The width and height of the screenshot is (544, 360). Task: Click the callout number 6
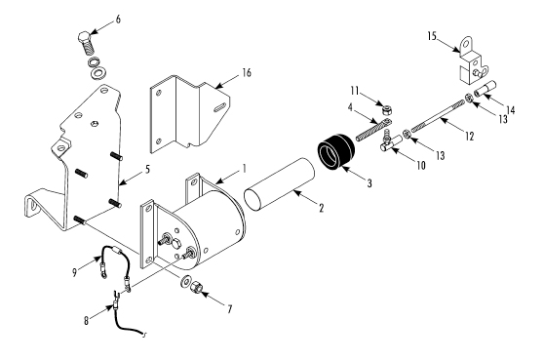[x=118, y=20]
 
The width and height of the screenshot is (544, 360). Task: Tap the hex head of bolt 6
[x=84, y=36]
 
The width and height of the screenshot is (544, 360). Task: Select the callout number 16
[x=247, y=73]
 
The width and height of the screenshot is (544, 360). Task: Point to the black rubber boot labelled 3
[x=336, y=149]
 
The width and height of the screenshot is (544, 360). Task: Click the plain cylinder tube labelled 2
[x=279, y=184]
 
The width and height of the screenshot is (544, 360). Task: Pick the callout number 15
[x=432, y=36]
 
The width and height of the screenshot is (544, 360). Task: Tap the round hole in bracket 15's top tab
[x=466, y=43]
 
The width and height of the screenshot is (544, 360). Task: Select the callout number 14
[x=510, y=110]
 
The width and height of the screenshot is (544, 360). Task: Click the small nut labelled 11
[x=385, y=110]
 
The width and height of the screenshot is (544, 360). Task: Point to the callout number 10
[x=420, y=166]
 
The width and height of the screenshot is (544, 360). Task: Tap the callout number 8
[x=86, y=321]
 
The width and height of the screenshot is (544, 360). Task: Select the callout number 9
[x=75, y=272]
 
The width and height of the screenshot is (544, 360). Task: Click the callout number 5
[x=147, y=170]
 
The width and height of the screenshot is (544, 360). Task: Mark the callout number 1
[x=245, y=169]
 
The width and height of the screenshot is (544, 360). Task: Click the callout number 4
[x=350, y=107]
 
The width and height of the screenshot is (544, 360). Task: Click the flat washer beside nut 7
[x=184, y=281]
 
